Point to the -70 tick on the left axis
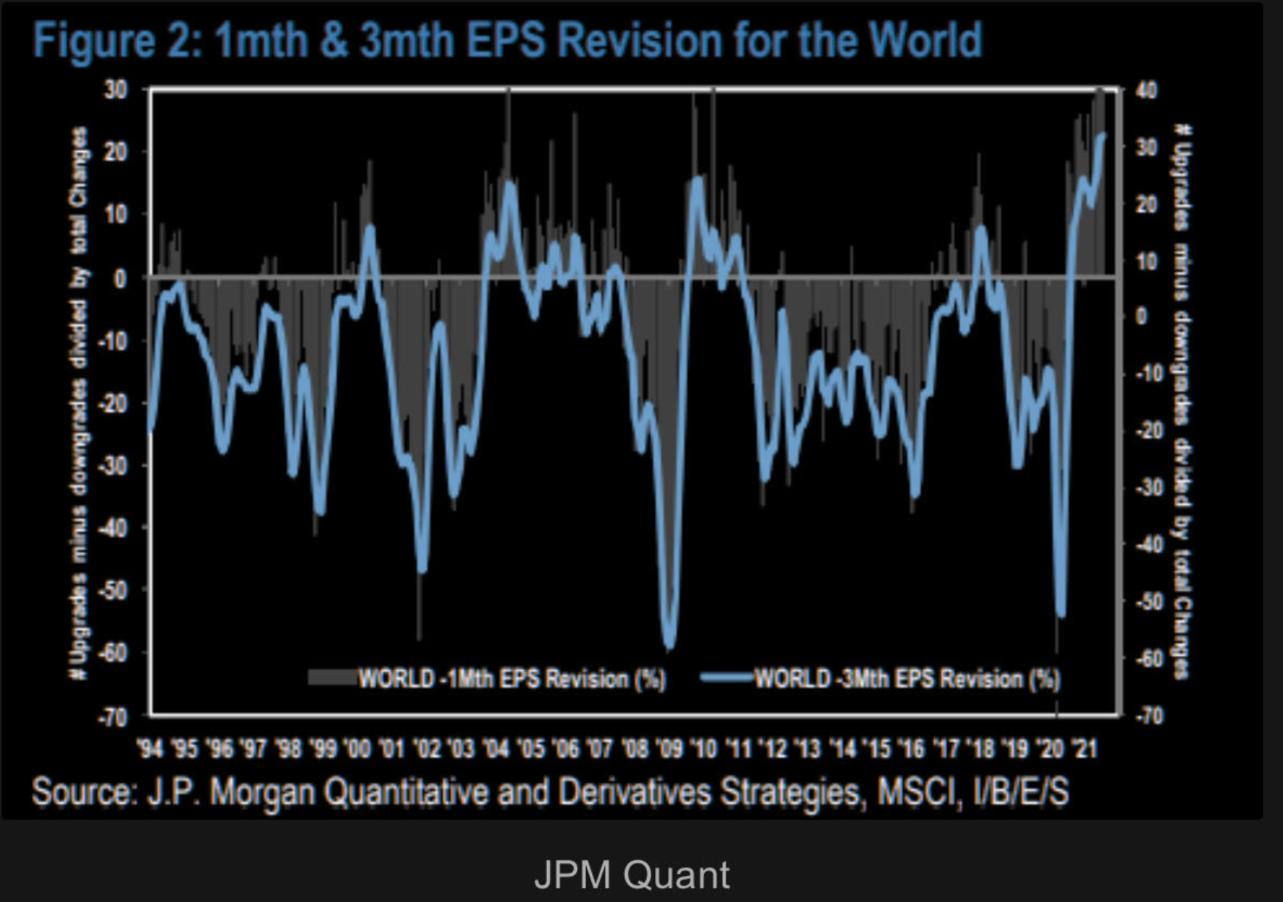coord(112,717)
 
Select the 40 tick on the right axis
coord(1146,90)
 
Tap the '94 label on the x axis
coord(150,748)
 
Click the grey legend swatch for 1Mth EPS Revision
coord(331,678)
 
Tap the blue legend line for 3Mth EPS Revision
coord(727,678)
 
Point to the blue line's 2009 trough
coord(669,644)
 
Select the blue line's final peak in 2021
coord(1102,135)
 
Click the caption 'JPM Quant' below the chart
coord(631,874)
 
